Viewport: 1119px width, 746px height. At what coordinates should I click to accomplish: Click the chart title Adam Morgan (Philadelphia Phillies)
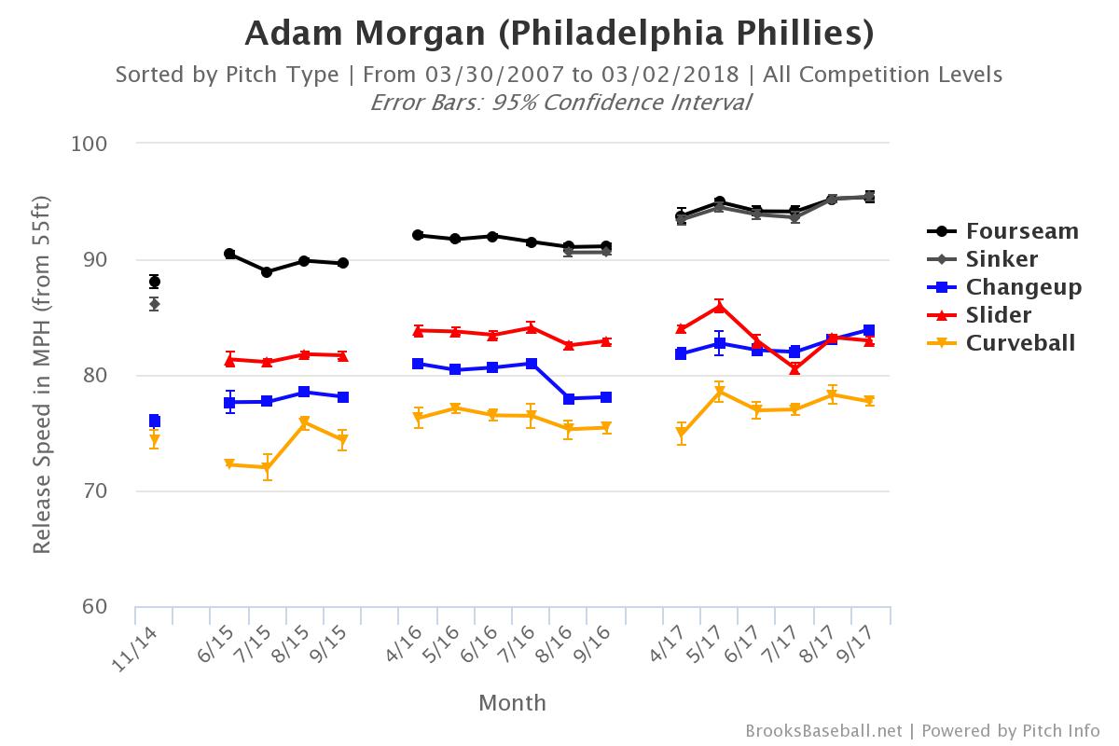click(x=559, y=34)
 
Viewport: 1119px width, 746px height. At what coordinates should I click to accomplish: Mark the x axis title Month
click(x=512, y=703)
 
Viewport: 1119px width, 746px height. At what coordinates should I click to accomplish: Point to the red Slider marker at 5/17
click(x=719, y=306)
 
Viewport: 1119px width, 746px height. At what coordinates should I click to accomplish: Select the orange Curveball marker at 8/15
click(x=304, y=422)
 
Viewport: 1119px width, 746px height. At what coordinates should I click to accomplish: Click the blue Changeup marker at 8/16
click(x=568, y=398)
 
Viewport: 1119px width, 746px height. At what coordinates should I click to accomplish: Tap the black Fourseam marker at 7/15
click(x=267, y=272)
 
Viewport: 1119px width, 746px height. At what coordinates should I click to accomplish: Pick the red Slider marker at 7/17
click(x=794, y=368)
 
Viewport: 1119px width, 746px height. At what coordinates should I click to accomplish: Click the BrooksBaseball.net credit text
click(x=823, y=731)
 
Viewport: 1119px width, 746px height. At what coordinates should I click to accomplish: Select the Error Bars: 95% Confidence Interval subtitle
click(x=559, y=103)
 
